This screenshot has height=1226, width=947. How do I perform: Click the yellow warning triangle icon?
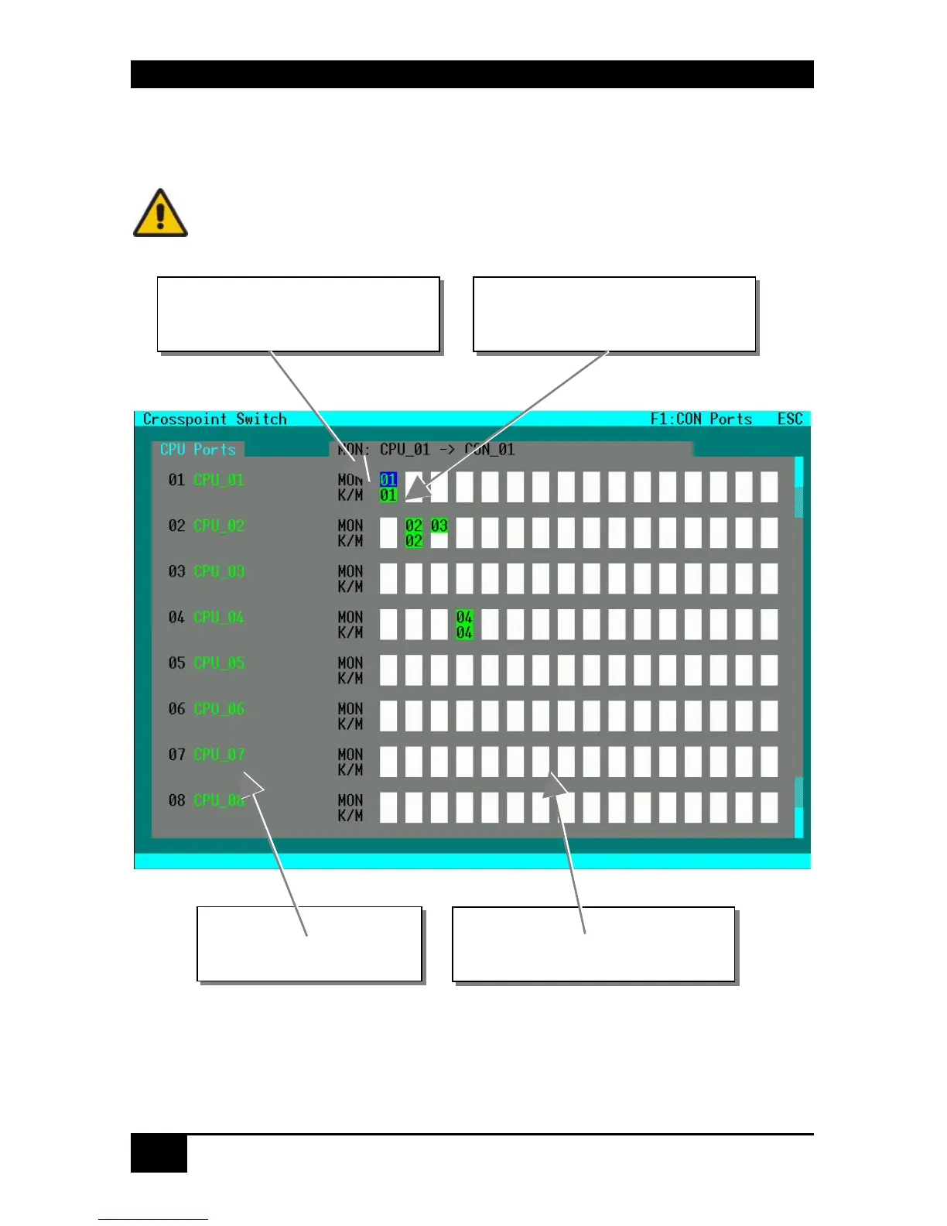pos(160,213)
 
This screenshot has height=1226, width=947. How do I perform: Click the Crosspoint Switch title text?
pos(214,419)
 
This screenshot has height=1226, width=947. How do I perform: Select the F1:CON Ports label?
pos(701,419)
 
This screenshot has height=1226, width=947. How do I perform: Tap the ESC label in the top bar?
pos(790,419)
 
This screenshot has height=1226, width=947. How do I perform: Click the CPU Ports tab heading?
pos(198,450)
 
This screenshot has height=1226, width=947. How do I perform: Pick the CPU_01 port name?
pos(219,480)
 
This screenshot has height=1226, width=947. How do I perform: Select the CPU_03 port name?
pos(219,571)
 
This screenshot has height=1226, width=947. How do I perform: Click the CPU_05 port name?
pos(219,663)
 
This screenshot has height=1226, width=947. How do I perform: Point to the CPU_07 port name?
pos(219,755)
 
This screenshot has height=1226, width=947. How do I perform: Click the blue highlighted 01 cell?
pos(388,480)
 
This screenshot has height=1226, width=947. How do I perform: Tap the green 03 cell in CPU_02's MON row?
pos(439,526)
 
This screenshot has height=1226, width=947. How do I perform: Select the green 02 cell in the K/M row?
pos(414,541)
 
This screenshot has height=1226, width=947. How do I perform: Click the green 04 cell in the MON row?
pos(464,617)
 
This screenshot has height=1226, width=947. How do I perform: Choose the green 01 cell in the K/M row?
pos(388,495)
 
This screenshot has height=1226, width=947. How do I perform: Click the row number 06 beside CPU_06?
pos(176,709)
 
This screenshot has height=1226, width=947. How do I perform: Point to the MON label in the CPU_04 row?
pos(350,617)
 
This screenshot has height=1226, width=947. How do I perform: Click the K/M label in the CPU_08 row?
pos(350,816)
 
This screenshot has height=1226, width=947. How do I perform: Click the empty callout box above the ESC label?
pos(614,314)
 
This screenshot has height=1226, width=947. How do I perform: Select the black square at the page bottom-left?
pos(159,1153)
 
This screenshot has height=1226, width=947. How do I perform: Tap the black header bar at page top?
pos(472,74)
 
